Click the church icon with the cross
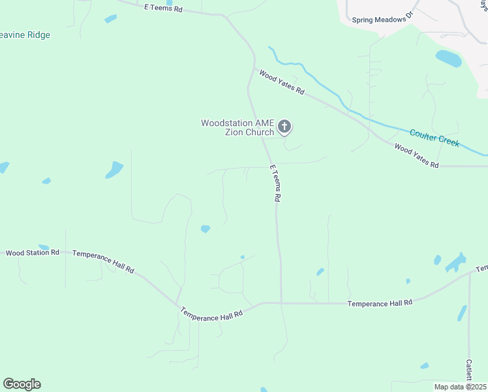click(x=284, y=126)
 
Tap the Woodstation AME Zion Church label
click(x=237, y=127)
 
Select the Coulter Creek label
click(x=435, y=138)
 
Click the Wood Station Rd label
click(x=33, y=252)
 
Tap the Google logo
click(x=22, y=384)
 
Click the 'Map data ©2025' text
click(x=460, y=387)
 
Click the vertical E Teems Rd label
click(x=276, y=182)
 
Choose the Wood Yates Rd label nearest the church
click(x=282, y=82)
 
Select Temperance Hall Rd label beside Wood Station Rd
click(x=103, y=261)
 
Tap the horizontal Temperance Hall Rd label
click(x=380, y=303)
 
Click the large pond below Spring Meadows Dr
click(x=448, y=59)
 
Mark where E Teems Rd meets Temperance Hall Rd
click(x=281, y=302)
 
